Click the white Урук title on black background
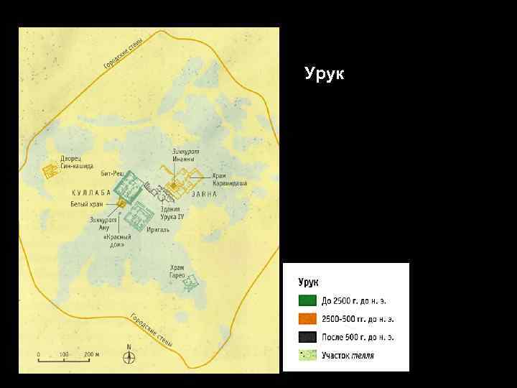(x=324, y=73)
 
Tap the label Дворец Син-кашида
(x=76, y=162)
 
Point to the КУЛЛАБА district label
(x=91, y=193)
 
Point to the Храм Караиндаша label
(x=229, y=180)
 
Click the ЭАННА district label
(x=204, y=193)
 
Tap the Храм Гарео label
(x=177, y=272)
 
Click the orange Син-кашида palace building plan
(x=50, y=172)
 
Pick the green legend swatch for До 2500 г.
(x=307, y=300)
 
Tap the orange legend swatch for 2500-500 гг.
(x=307, y=318)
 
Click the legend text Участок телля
(x=348, y=355)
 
